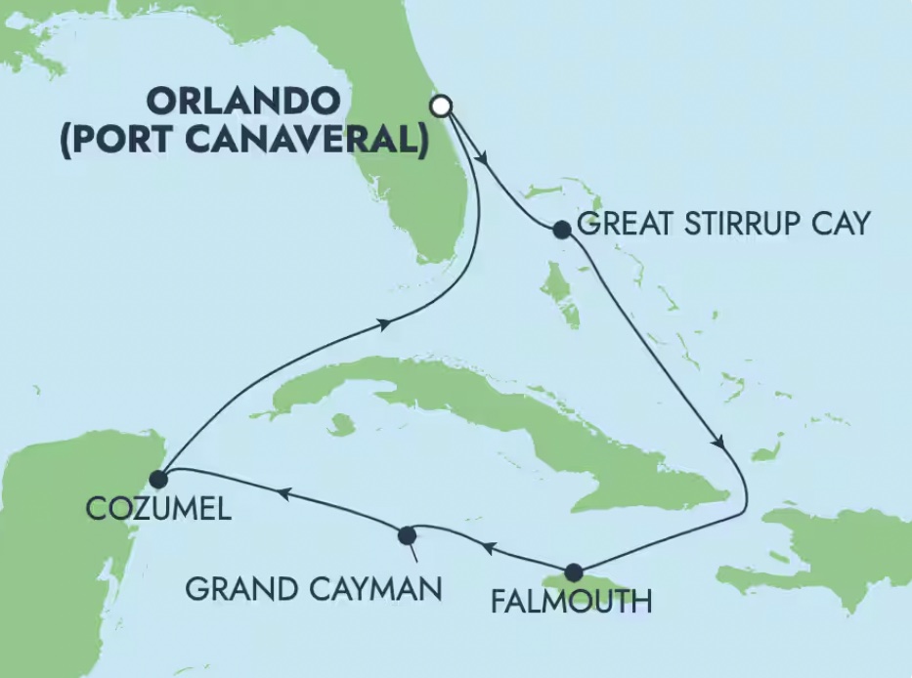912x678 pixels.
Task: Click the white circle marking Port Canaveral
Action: pos(442,106)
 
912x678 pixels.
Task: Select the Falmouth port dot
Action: pos(574,572)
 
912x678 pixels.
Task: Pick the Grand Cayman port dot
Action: pos(408,534)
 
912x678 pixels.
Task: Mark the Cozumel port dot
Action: pos(159,478)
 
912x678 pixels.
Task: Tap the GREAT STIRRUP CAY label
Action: pos(722,224)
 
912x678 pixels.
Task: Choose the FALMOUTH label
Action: pos(571,600)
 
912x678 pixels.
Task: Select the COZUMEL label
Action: pos(159,509)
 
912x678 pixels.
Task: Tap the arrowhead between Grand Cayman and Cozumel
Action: pos(283,493)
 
